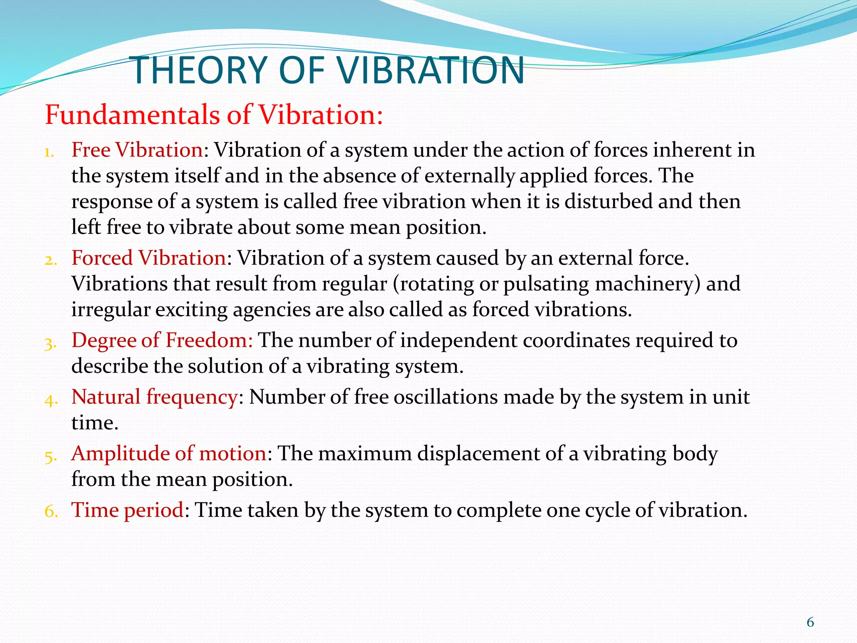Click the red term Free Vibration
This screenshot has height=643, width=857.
[x=137, y=150]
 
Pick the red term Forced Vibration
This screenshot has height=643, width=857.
[x=149, y=258]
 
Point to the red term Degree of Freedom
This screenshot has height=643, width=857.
[x=162, y=340]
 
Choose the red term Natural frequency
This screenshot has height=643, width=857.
[x=154, y=396]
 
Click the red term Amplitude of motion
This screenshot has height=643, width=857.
[x=169, y=453]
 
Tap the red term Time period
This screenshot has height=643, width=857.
[x=127, y=510]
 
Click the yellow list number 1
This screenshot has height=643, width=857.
[x=50, y=152]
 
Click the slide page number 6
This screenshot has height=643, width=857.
[x=810, y=622]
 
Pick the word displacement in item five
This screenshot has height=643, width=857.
[x=479, y=453]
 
